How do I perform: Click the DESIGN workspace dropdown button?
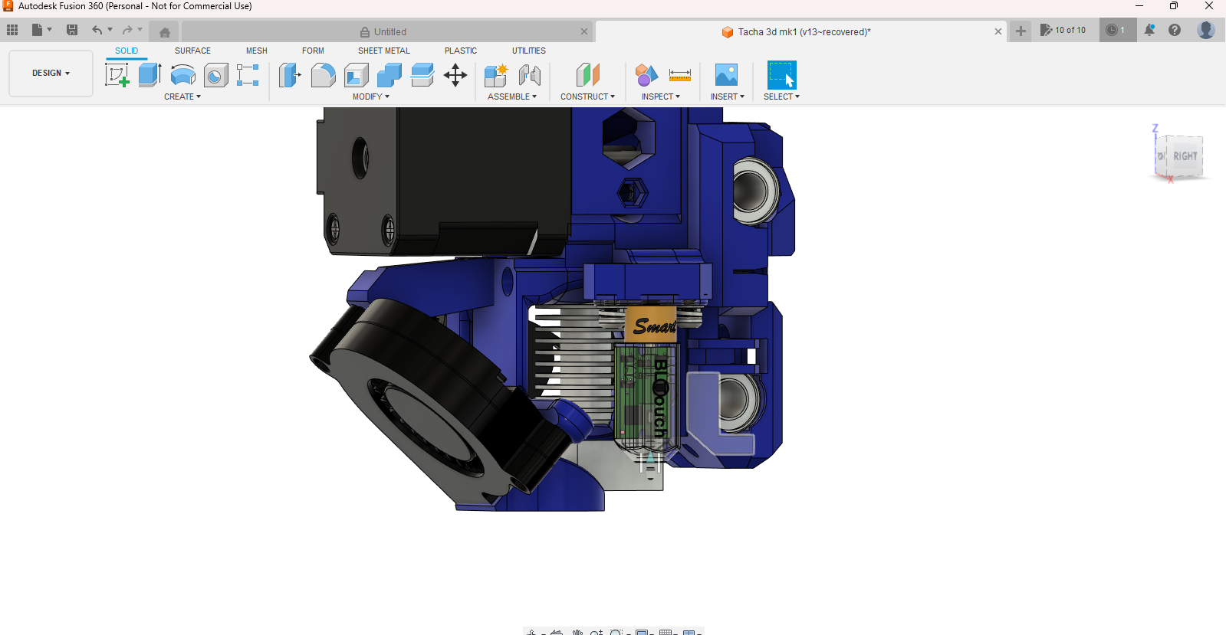[51, 73]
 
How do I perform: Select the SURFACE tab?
[192, 51]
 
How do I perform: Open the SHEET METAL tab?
[383, 51]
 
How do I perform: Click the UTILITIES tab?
[528, 51]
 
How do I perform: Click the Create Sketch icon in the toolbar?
[117, 75]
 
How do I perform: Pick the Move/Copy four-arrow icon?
[455, 75]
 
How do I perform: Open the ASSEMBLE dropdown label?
[511, 97]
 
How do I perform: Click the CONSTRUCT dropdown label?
[587, 97]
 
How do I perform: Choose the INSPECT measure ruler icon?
[679, 75]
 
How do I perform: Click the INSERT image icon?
[725, 75]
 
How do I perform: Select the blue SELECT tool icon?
[781, 75]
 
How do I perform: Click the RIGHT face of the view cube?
[1185, 156]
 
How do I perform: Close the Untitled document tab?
[584, 31]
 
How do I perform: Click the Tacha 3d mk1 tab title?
[804, 31]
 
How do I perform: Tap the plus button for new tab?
[1021, 31]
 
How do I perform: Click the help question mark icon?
[1174, 30]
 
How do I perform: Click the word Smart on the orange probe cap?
[653, 326]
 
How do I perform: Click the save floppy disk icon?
[72, 30]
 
